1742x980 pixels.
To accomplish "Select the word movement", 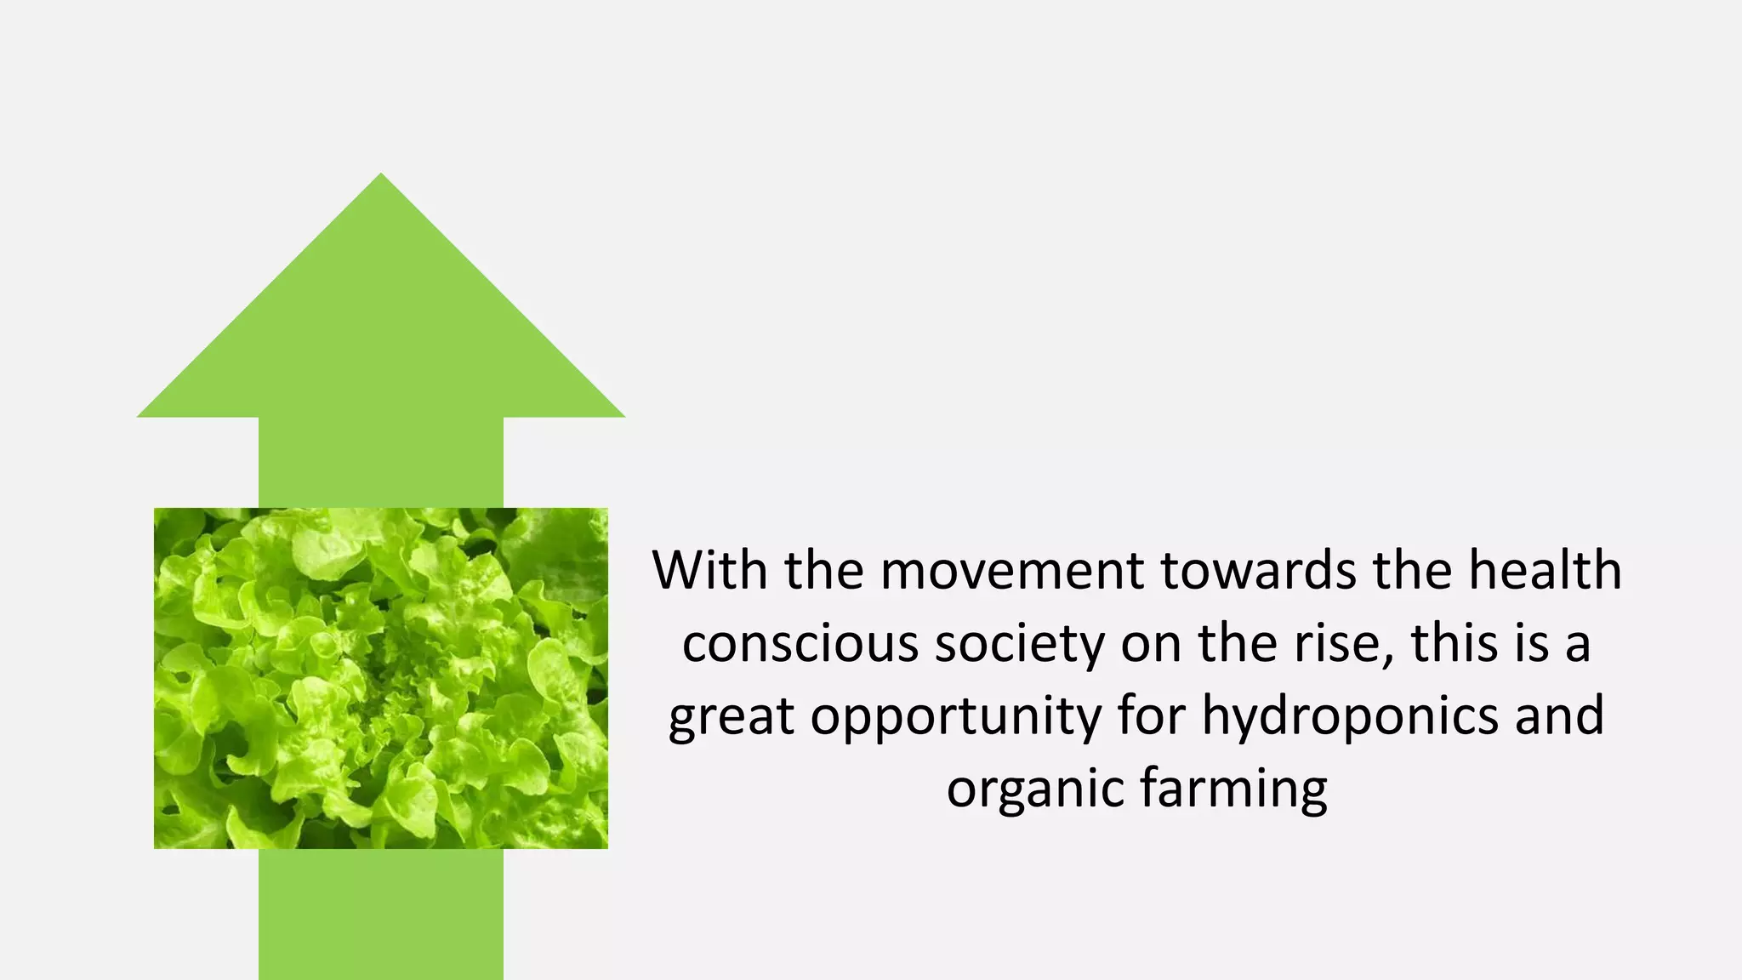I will tap(1012, 572).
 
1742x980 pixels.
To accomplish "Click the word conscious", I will tap(800, 644).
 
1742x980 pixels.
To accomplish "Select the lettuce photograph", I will tap(380, 678).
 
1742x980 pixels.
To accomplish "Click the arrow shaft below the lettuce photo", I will tap(380, 914).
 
